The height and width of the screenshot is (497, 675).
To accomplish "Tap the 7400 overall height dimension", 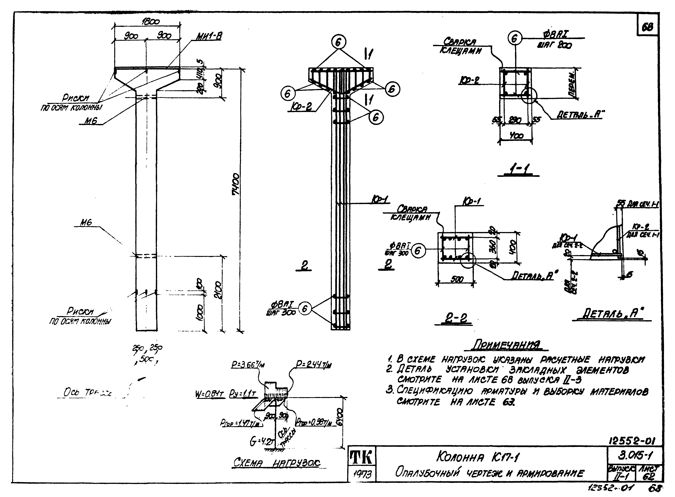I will (236, 184).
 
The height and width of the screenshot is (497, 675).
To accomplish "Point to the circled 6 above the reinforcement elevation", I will (339, 42).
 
